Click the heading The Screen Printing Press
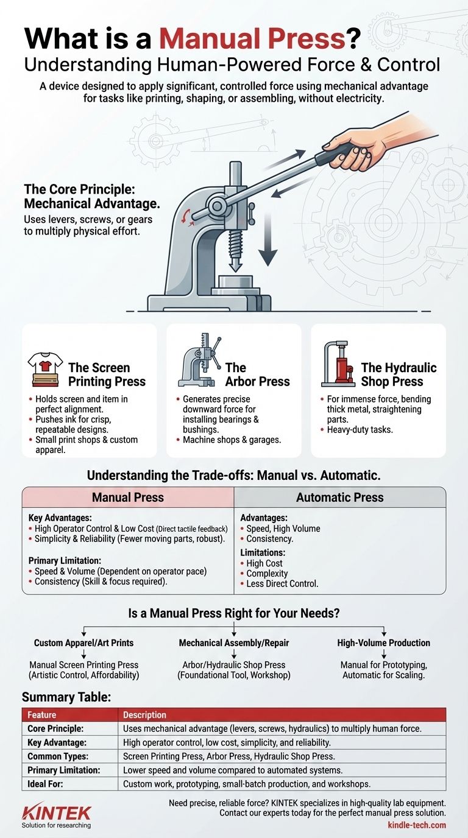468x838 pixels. (x=107, y=375)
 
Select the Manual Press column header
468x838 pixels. (x=128, y=497)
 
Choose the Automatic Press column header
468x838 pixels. (x=339, y=497)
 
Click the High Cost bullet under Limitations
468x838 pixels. (x=264, y=563)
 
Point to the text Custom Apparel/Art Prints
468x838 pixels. (x=83, y=643)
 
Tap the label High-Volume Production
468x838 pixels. (x=383, y=643)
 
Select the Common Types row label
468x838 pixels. (x=57, y=756)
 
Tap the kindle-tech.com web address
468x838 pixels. (x=416, y=825)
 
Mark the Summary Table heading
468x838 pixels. (x=66, y=697)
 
